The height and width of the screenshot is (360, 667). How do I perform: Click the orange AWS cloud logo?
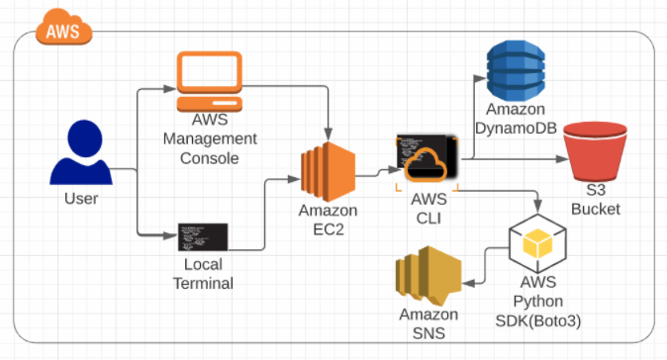coord(63,28)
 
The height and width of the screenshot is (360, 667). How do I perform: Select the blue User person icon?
coord(81,152)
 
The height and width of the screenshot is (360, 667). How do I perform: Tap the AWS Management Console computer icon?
coord(210,81)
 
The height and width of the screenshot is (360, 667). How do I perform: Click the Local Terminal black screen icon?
coord(203,236)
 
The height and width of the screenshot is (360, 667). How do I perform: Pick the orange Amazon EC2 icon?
coord(328,172)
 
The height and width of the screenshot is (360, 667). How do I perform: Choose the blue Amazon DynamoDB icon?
coord(516,70)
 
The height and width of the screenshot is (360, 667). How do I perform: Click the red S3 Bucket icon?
coord(595,151)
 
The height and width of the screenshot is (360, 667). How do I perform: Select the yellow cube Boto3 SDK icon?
coord(537,243)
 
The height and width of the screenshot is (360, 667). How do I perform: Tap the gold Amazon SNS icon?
coord(429,275)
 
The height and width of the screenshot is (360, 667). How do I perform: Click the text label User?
coord(81,199)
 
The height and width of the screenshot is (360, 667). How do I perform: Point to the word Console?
coord(209,158)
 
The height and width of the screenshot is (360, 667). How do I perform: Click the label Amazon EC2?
coord(328,220)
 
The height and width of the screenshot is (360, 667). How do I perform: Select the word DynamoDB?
coord(516,128)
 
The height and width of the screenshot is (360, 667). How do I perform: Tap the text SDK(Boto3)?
coord(538,320)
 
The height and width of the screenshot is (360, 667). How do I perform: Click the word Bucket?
coord(595,209)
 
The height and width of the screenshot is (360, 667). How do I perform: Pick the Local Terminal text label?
coord(203,274)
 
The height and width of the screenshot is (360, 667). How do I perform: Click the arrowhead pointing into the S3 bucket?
coord(563,159)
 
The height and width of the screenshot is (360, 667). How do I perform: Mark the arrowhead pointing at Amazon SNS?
coord(468,283)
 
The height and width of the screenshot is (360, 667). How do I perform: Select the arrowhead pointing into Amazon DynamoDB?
coord(480,78)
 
